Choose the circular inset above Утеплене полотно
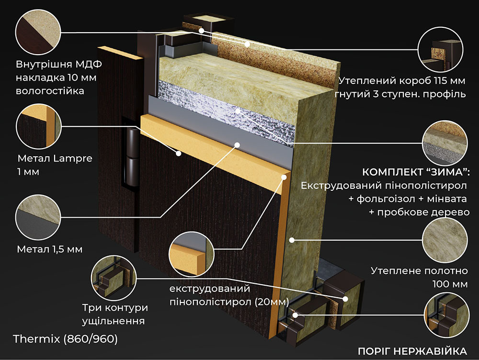coord(444,238)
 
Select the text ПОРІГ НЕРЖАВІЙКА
coord(412,350)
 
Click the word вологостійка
coord(50,91)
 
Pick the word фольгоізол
coord(379,198)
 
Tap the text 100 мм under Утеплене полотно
coord(449,284)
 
